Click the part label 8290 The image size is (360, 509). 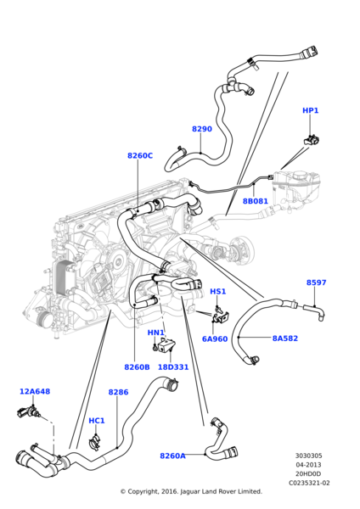click(202, 129)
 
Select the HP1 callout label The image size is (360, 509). click(311, 110)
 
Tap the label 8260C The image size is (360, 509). click(140, 155)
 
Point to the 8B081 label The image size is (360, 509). click(255, 201)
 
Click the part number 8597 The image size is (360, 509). click(316, 282)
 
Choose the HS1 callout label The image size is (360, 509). click(218, 291)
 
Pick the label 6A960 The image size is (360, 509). click(215, 338)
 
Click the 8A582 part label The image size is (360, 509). click(285, 338)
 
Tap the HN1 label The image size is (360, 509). click(156, 333)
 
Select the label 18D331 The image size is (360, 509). click(174, 367)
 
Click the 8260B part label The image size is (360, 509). click(137, 367)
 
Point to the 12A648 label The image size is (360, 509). click(35, 391)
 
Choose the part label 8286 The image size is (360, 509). click(118, 392)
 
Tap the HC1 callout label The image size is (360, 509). click(97, 420)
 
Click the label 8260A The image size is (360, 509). click(172, 456)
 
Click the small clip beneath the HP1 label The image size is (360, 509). click(312, 137)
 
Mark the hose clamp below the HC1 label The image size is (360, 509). click(96, 439)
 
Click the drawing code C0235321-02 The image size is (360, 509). click(309, 482)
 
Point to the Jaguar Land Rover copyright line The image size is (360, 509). click(190, 491)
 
